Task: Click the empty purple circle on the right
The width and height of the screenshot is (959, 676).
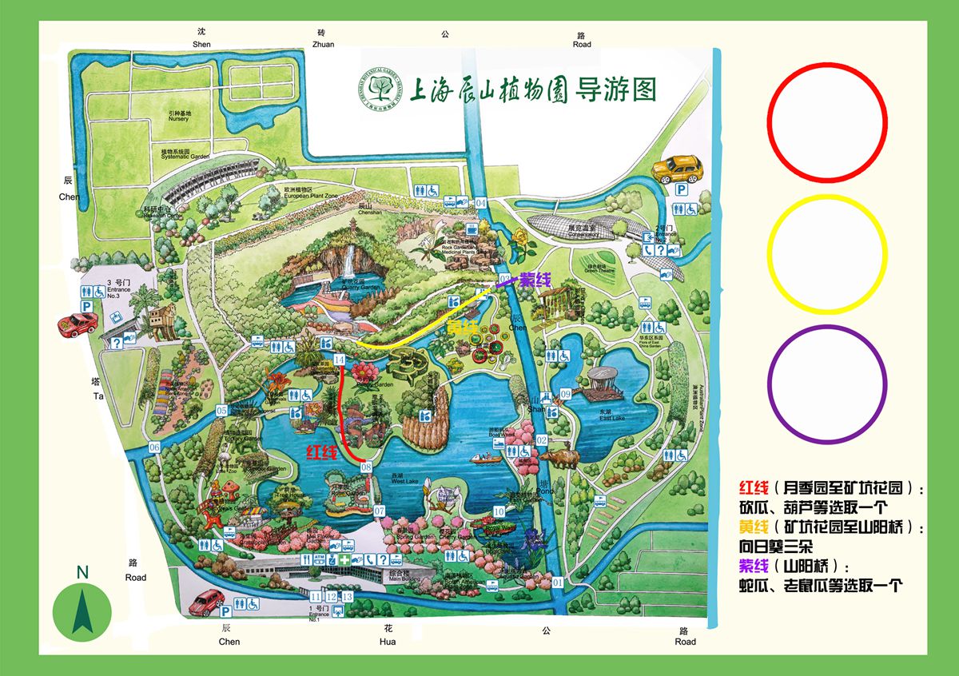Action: [x=826, y=384]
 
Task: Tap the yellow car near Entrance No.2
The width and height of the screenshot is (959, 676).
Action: [x=678, y=169]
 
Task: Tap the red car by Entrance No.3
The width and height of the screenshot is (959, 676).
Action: [x=78, y=324]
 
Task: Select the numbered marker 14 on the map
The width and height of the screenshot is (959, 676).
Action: [x=340, y=360]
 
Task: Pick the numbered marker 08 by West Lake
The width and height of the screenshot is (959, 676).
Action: [x=368, y=467]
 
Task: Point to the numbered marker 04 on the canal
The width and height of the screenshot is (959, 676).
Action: [x=480, y=203]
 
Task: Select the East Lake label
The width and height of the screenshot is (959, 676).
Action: [x=613, y=417]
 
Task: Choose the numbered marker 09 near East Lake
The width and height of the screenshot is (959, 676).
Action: [x=565, y=394]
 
